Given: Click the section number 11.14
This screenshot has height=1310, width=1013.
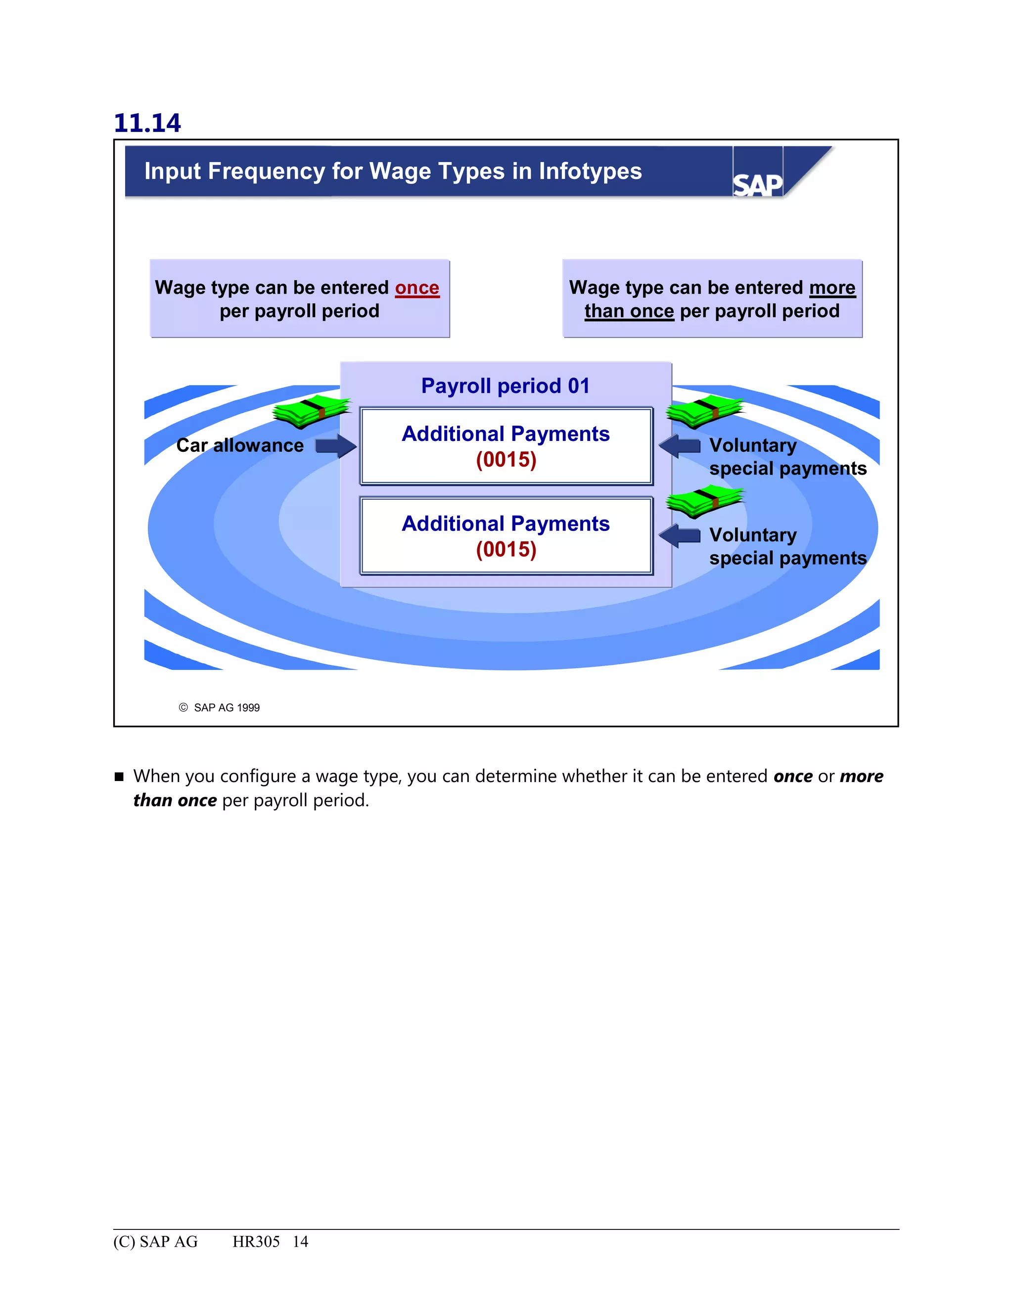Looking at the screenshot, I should point(147,123).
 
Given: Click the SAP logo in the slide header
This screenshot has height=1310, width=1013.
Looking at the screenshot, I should point(757,184).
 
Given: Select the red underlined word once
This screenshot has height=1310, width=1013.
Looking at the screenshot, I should point(416,288).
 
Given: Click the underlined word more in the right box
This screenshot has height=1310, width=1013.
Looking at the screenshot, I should point(832,288).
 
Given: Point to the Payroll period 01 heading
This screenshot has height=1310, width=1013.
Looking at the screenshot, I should point(506,386).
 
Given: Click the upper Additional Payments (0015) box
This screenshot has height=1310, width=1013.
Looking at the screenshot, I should point(506,446).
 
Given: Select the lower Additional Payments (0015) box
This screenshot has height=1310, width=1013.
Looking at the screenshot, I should point(506,536).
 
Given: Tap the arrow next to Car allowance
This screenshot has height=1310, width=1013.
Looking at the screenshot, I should point(336,446).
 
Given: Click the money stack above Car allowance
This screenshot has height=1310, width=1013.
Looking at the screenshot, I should point(312,411).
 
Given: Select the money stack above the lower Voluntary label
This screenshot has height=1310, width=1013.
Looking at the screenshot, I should point(705,501).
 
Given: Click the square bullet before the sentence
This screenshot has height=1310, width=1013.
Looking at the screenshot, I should point(119,777).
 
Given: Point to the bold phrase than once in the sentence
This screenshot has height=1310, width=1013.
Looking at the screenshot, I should point(175,801).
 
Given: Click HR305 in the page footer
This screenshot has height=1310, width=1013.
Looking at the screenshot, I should point(256,1242).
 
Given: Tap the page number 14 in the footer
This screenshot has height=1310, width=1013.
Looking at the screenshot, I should point(301,1242).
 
